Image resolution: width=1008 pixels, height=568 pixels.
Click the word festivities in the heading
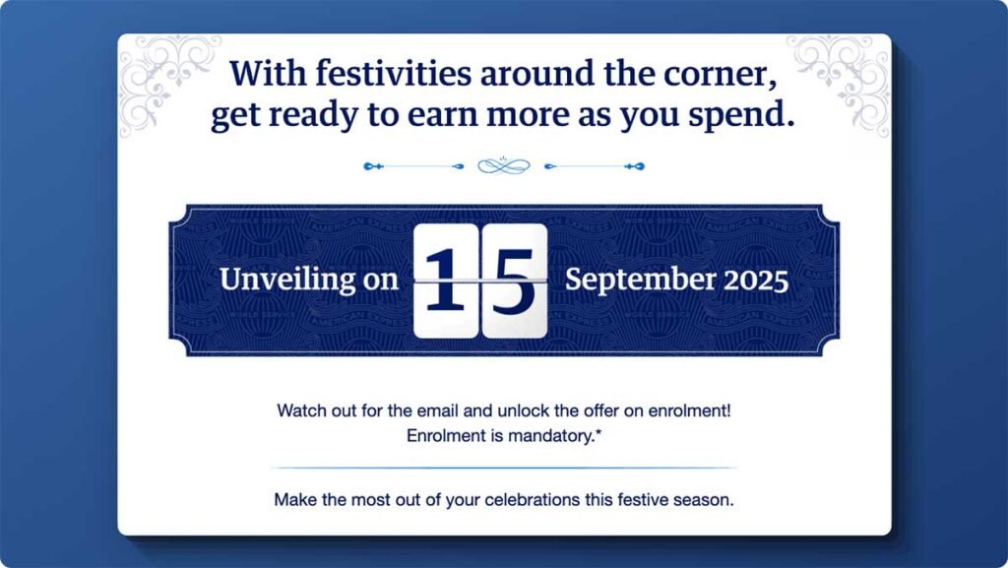point(359,74)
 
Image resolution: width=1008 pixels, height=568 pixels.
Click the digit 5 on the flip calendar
point(514,280)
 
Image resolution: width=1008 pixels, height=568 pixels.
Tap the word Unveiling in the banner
point(285,280)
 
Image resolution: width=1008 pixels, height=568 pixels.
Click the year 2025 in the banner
point(756,280)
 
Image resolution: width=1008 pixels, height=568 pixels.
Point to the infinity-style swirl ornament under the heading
point(504,165)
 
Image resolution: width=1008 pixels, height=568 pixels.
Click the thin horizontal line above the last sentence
point(504,468)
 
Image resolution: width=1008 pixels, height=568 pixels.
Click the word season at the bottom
point(709,500)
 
